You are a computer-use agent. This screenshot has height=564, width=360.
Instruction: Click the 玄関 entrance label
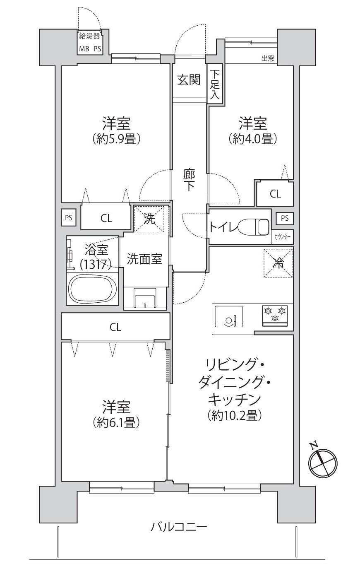pos(189,80)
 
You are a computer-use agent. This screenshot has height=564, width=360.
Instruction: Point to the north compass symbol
pos(322,463)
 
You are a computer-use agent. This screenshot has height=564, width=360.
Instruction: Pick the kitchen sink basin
pos(228,317)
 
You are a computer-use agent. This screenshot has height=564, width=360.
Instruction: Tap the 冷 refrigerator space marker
pos(278,263)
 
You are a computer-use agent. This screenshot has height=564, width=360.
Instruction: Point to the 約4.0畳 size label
pos(253,138)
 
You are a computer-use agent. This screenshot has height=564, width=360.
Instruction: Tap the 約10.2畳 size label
pos(235,415)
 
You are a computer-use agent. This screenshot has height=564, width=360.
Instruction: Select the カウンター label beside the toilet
pos(282,237)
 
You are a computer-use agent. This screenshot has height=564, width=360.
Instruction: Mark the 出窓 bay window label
pos(268,59)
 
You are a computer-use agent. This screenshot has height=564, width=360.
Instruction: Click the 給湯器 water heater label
pos(89,36)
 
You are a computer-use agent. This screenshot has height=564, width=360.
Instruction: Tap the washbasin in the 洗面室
pos(145,298)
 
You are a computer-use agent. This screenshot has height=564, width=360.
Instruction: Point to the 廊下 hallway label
pos(189,180)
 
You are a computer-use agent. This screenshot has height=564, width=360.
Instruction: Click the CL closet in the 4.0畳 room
pos(275,194)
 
